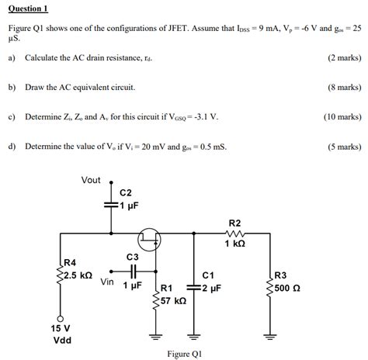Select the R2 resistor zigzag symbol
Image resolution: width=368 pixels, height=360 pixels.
pos(235,233)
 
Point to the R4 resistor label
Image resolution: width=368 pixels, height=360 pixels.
pos(71,263)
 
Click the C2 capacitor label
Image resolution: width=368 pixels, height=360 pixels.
pos(126,192)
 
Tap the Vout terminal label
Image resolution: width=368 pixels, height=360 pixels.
pos(91,180)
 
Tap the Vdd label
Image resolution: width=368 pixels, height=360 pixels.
pos(61,341)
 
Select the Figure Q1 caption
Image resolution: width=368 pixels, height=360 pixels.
pos(184,354)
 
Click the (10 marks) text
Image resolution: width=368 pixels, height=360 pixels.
pos(342,116)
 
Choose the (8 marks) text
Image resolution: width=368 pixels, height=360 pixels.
pos(344,87)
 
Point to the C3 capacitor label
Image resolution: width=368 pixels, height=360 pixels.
pos(132,257)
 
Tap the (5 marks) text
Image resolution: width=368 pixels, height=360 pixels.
pos(344,146)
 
